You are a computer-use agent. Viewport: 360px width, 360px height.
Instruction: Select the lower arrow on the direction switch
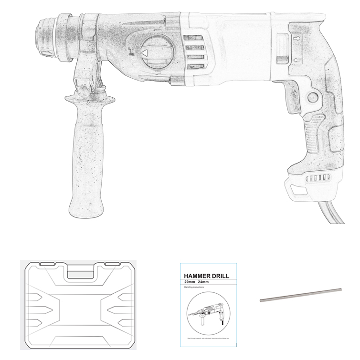(296, 60)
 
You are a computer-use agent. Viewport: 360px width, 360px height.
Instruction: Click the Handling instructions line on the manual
(194, 288)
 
